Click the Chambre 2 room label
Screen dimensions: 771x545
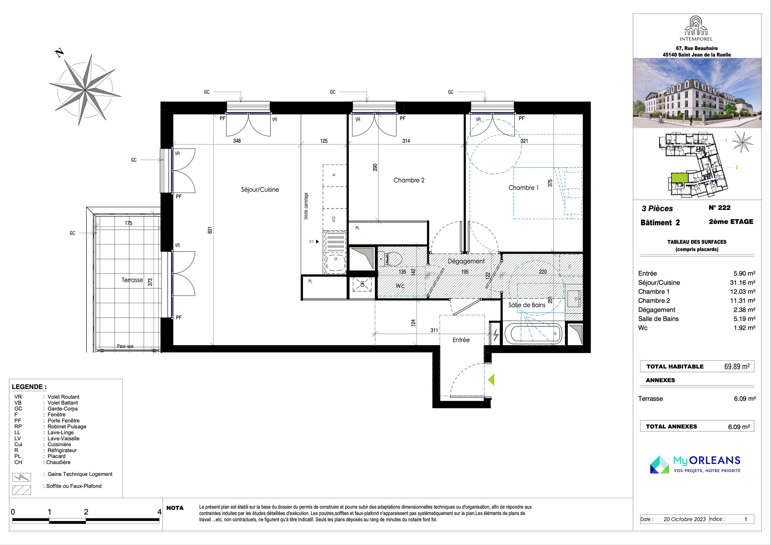409,180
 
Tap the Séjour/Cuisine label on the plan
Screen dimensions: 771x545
260,190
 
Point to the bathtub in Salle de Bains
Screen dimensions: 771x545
536,334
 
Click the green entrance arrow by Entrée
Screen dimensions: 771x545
491,380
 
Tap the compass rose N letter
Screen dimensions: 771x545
59,53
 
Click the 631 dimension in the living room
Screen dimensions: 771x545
210,231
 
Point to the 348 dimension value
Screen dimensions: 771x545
237,141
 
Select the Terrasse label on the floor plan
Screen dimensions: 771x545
132,280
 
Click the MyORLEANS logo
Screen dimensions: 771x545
695,465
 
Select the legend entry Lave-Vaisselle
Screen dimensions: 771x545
63,438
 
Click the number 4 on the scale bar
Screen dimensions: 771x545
159,512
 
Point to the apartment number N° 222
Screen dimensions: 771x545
719,208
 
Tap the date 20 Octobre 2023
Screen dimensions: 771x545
685,519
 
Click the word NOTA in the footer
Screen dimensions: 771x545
175,508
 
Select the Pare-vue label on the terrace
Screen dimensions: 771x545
125,347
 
